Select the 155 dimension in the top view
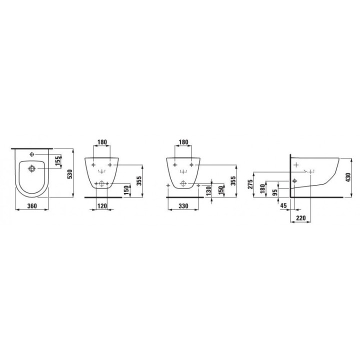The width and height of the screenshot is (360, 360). pyautogui.click(x=57, y=160)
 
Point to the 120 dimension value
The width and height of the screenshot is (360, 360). pyautogui.click(x=102, y=205)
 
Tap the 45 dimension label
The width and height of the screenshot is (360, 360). pyautogui.click(x=284, y=205)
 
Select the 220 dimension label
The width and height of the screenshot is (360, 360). pyautogui.click(x=301, y=218)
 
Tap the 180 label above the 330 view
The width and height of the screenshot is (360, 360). pyautogui.click(x=183, y=142)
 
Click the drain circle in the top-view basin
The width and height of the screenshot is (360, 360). pyautogui.click(x=32, y=168)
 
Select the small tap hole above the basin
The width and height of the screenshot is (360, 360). pyautogui.click(x=32, y=153)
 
